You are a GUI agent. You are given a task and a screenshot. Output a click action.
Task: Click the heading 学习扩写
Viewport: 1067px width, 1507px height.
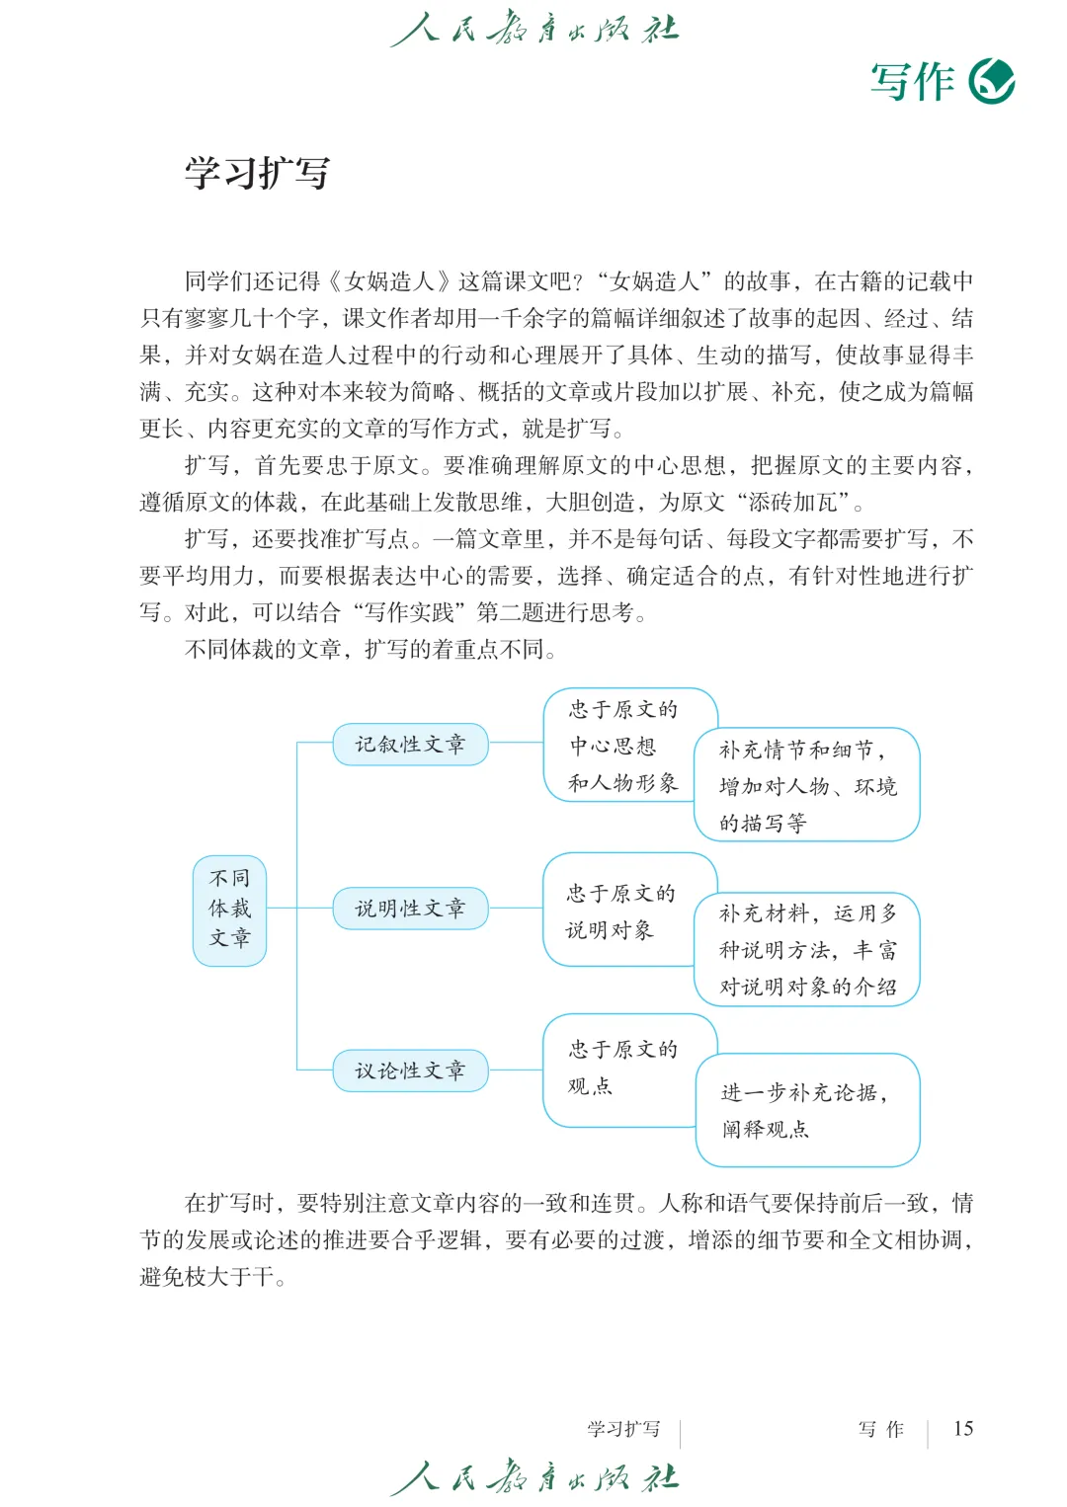[257, 173]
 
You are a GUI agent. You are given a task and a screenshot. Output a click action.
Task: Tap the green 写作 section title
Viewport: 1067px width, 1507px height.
[912, 81]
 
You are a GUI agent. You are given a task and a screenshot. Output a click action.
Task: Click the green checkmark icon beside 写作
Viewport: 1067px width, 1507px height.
[992, 81]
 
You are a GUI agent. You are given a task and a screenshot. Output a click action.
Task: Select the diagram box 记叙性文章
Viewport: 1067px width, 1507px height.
[410, 744]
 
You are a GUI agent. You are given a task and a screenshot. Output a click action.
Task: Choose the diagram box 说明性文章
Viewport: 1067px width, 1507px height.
[410, 908]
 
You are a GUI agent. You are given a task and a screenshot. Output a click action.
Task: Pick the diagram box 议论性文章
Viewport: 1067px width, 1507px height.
[410, 1071]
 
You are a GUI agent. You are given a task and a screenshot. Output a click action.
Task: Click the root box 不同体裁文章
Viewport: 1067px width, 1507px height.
[229, 909]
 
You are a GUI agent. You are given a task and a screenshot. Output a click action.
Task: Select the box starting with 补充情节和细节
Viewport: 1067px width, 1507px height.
[807, 785]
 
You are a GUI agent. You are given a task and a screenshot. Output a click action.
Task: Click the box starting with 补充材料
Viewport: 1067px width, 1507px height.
[807, 949]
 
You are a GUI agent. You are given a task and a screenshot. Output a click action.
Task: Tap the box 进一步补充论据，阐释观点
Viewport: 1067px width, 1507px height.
[807, 1110]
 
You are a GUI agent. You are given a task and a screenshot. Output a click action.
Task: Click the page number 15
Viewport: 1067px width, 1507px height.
[962, 1428]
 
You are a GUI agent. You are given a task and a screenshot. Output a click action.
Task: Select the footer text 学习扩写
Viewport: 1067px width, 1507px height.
[623, 1428]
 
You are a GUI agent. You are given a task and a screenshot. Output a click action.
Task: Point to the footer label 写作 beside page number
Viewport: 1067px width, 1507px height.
[880, 1428]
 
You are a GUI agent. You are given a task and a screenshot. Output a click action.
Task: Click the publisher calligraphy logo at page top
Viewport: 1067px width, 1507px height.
[534, 29]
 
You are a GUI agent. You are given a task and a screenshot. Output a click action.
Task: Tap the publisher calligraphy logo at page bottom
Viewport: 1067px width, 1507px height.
[534, 1477]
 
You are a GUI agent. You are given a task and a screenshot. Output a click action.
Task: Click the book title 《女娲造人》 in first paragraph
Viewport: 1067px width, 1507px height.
[390, 281]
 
